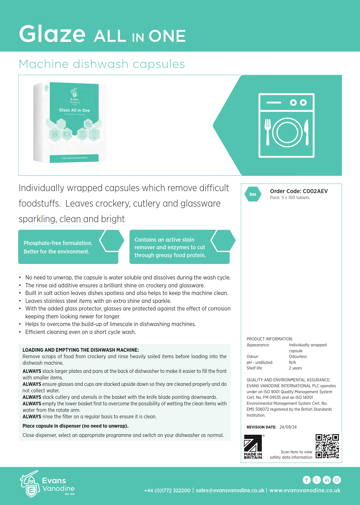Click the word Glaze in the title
coord(52,34)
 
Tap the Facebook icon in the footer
coord(307,480)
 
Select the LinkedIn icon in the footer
coord(327,480)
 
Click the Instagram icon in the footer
coord(337,480)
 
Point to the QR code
coord(327,446)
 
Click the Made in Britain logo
coord(253,447)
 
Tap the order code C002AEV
coord(315,191)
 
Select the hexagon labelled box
coord(253,194)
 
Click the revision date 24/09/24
coord(288,427)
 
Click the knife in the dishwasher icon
coord(307,132)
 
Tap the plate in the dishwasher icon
coord(287,132)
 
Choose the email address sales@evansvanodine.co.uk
coord(230,490)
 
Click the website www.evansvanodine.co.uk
coord(305,490)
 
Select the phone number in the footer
coord(167,490)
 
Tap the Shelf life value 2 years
coord(295,368)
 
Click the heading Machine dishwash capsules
coord(102,64)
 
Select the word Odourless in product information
coord(298,357)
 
